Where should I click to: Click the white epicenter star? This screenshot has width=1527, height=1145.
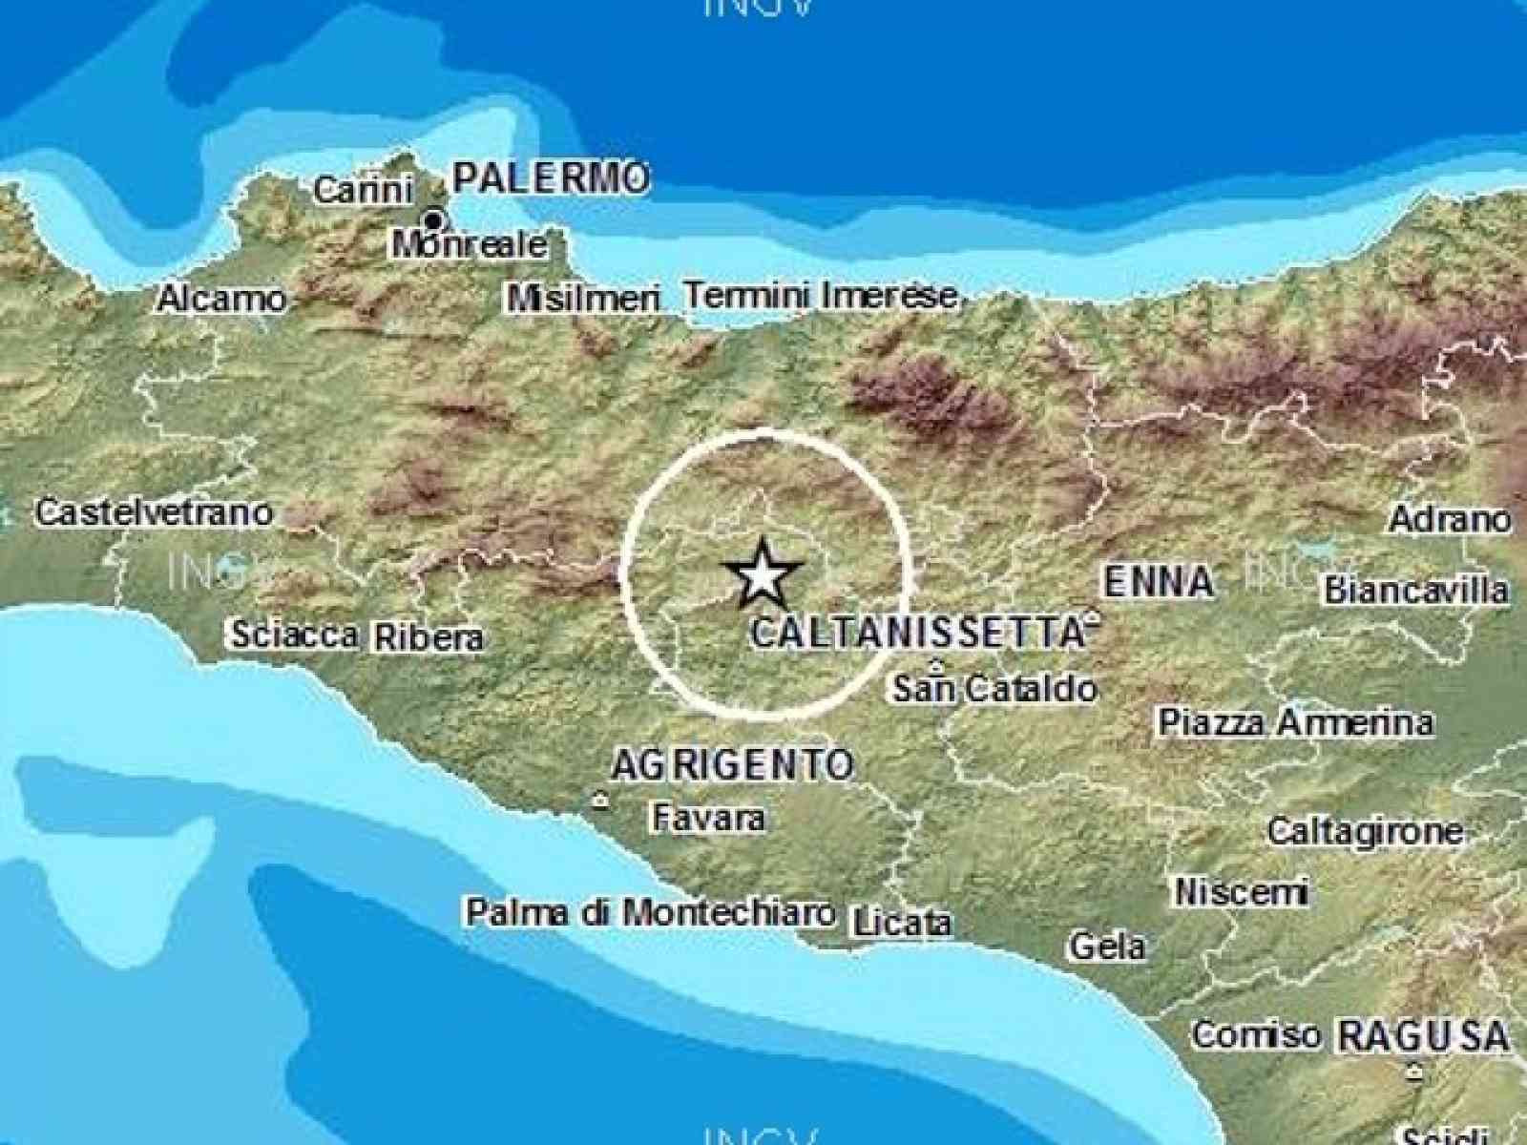(x=761, y=575)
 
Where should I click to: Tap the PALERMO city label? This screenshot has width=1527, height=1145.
(x=551, y=178)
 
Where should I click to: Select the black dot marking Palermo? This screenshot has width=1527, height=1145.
(x=432, y=221)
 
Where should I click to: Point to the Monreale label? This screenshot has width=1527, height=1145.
(x=471, y=245)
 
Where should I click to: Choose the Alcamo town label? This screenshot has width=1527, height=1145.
(x=221, y=300)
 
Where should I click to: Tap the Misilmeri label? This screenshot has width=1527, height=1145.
(x=583, y=299)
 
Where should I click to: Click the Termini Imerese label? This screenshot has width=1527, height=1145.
(x=821, y=296)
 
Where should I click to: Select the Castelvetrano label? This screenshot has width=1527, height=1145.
(x=155, y=513)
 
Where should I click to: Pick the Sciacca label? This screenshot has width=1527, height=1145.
(x=295, y=634)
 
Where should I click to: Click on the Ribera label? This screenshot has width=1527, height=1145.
(x=429, y=636)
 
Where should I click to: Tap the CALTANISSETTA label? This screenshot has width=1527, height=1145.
(x=916, y=633)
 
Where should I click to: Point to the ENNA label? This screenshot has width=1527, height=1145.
(x=1159, y=581)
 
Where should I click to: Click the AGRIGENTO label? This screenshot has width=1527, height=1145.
(x=732, y=764)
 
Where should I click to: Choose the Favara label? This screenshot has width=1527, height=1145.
(x=708, y=818)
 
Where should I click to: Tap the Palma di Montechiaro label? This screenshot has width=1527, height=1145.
(x=650, y=913)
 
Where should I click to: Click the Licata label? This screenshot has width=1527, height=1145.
(x=902, y=923)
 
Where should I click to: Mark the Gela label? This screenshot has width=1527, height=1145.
(x=1107, y=947)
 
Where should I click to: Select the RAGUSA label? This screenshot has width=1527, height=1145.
(x=1423, y=1036)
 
